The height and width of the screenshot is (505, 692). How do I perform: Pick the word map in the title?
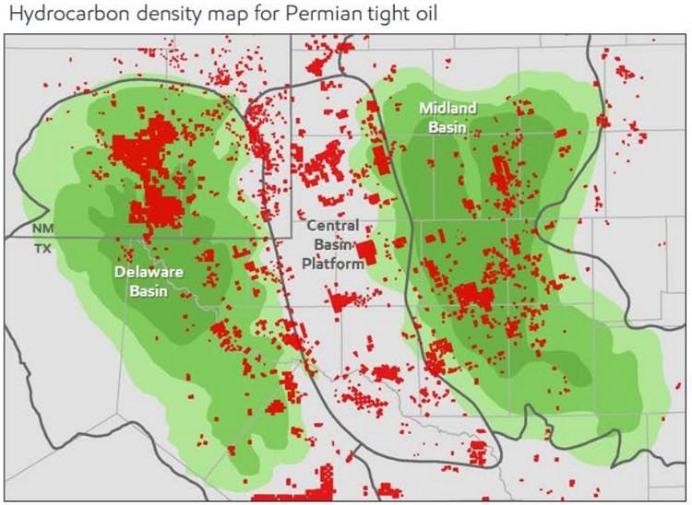tap(203, 14)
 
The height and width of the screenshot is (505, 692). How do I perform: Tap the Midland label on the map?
tap(447, 108)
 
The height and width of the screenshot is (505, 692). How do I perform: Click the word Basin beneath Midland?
tap(447, 126)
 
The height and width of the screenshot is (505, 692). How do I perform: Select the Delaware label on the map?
tap(149, 272)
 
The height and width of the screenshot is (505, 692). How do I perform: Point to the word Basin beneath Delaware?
tap(149, 289)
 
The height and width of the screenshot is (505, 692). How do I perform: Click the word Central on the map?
tap(333, 226)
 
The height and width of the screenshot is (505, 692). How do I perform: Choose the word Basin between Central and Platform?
tap(333, 243)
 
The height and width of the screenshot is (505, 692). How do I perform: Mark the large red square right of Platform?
tap(367, 251)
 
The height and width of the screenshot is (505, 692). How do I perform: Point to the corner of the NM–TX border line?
tap(292, 237)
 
